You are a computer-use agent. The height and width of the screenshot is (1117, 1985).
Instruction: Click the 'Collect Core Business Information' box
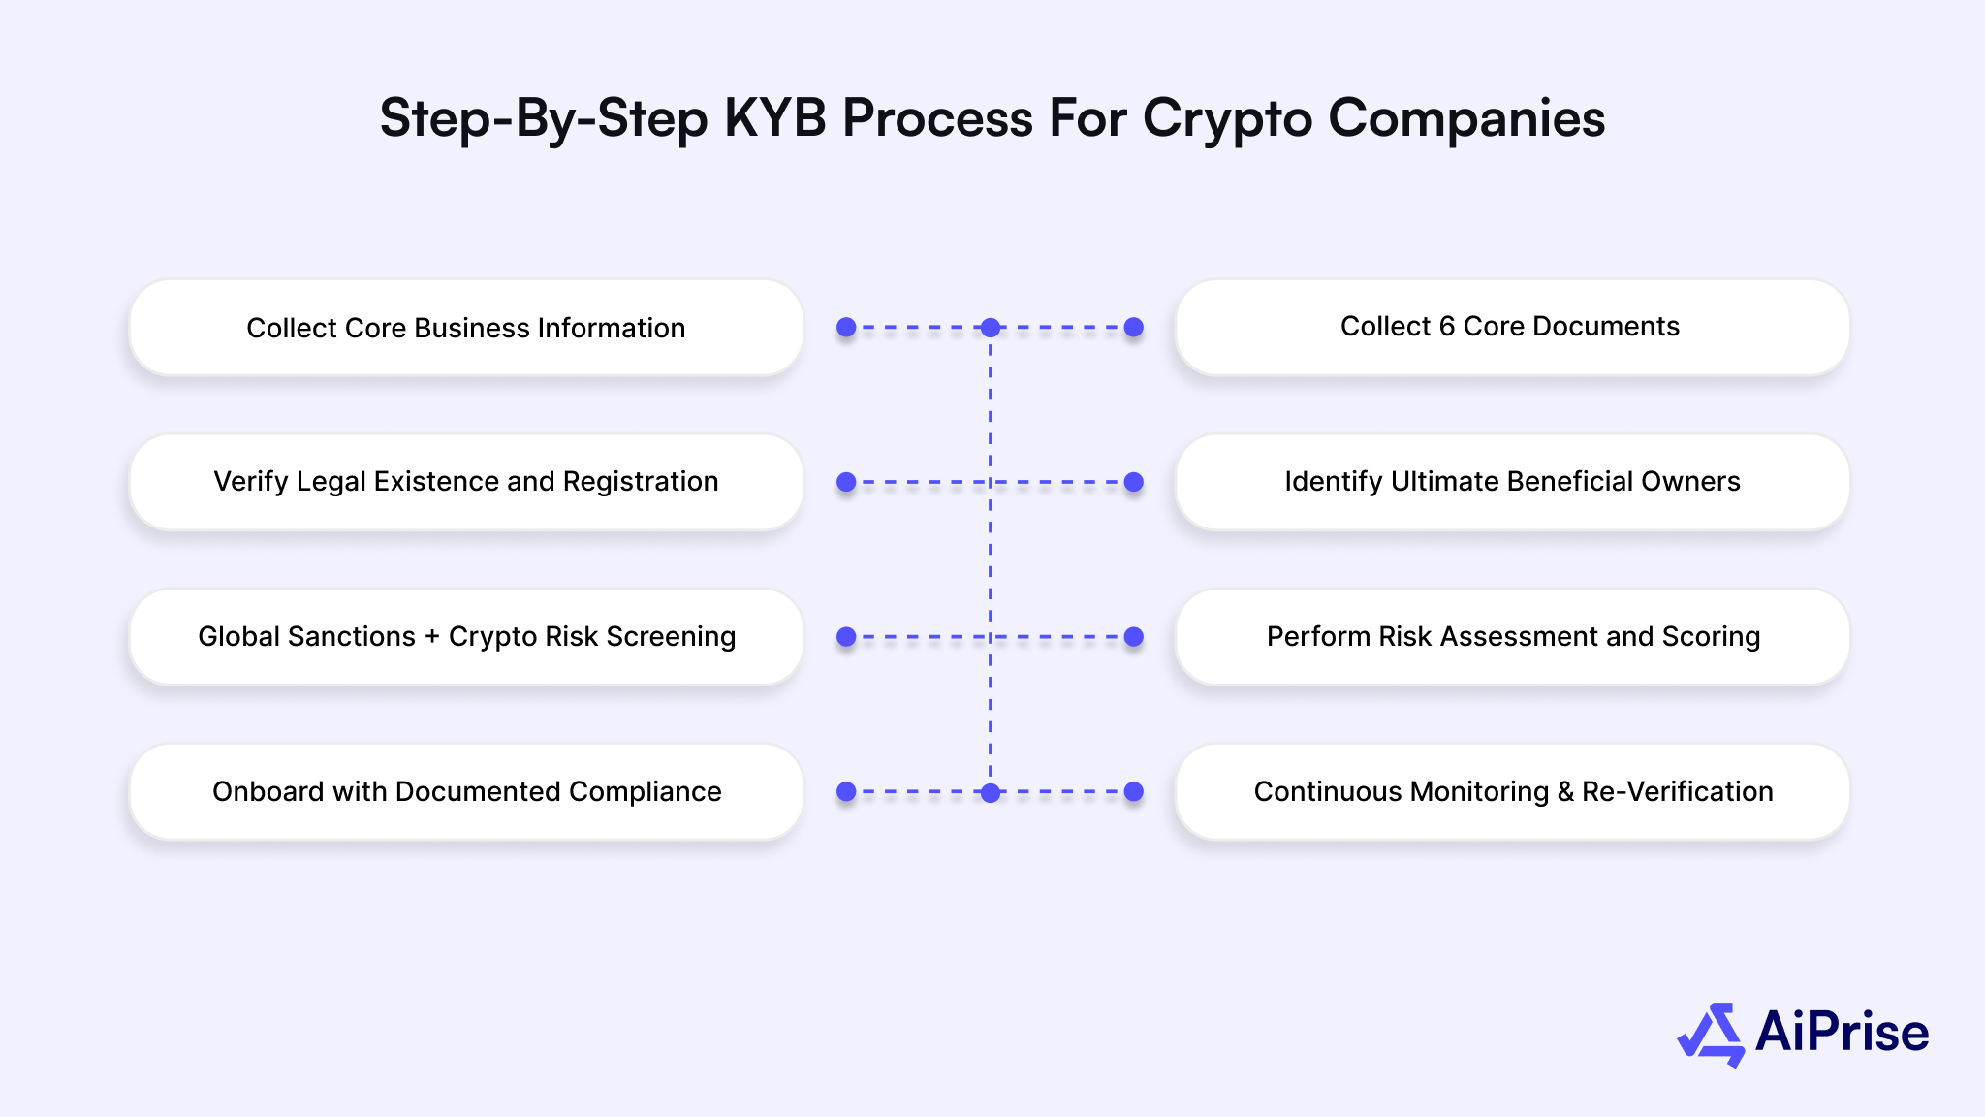466,328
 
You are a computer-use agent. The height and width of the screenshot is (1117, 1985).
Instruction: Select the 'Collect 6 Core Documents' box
1512,328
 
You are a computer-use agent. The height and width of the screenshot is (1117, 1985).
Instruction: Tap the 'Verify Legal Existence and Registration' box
466,482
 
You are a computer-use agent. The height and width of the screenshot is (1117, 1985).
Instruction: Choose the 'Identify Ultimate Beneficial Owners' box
1512,482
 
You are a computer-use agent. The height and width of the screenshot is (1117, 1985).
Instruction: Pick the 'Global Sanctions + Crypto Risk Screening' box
466,637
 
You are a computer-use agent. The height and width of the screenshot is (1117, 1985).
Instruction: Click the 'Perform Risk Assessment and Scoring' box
1512,637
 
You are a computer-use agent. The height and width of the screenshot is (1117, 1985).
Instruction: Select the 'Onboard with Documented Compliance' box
466,792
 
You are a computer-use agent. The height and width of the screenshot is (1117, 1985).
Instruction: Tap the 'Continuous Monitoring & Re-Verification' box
1512,792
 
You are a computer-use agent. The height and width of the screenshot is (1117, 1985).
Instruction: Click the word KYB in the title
775,118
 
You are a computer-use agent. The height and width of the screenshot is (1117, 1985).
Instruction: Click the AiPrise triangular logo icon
1711,1034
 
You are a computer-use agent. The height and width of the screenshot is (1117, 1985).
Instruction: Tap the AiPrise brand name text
1842,1032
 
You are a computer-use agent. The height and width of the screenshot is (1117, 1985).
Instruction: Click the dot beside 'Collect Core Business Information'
846,328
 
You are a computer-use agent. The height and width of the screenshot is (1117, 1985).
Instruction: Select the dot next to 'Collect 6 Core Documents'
1134,328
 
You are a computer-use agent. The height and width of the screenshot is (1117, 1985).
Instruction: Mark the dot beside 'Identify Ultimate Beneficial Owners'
1134,482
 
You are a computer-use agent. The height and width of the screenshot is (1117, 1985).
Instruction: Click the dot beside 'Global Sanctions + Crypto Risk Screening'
846,637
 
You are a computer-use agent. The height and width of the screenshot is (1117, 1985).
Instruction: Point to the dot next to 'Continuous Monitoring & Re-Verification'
1134,792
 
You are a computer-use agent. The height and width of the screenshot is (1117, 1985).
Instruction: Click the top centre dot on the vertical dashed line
991,328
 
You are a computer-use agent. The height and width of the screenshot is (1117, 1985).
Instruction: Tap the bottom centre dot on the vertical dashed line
991,792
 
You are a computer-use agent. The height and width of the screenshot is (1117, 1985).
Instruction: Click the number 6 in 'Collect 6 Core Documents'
1447,327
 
